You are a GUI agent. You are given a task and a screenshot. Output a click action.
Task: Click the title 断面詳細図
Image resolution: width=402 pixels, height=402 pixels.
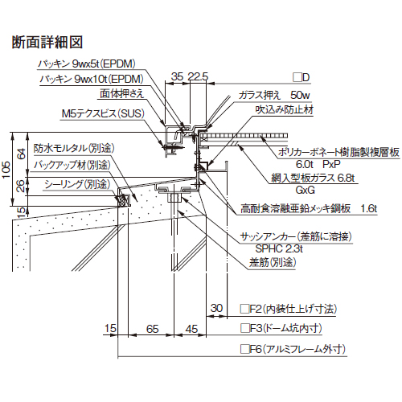point(47,43)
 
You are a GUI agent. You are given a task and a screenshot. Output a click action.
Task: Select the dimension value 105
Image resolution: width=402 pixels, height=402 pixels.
point(6,170)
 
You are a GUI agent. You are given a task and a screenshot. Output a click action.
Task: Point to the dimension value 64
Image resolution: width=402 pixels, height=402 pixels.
point(22,154)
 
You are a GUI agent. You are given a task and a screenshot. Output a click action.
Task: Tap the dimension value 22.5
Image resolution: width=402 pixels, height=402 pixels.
point(198,76)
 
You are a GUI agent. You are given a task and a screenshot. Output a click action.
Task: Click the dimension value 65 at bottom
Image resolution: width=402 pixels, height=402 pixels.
point(152,329)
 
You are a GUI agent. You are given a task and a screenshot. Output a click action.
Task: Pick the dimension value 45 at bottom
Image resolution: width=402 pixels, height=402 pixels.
point(191,329)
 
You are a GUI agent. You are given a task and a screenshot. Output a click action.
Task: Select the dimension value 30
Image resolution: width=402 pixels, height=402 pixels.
point(216,308)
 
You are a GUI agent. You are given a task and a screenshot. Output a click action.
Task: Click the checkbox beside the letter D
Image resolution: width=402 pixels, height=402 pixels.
point(297,77)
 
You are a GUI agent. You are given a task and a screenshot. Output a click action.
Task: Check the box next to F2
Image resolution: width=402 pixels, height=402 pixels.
point(244,309)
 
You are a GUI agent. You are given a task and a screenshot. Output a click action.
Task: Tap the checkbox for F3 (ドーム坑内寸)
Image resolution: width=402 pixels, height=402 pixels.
point(244,328)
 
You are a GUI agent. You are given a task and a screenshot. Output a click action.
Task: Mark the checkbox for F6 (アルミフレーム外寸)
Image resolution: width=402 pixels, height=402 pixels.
point(244,349)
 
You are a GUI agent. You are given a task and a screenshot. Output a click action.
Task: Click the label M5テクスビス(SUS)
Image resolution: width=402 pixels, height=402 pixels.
point(103,113)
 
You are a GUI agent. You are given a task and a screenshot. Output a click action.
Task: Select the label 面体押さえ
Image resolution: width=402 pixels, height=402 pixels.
point(122,93)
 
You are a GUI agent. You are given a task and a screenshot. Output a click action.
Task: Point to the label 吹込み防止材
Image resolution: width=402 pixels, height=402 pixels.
point(284,110)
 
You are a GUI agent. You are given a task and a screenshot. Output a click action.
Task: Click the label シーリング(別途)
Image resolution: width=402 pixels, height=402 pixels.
point(77,184)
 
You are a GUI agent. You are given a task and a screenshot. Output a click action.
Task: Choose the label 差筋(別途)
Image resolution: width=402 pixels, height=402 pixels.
point(273,262)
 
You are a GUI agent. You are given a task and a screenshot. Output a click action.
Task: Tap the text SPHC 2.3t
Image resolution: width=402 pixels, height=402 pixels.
point(279,249)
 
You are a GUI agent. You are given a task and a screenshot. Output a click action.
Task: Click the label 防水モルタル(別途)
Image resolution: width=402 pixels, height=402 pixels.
point(74,148)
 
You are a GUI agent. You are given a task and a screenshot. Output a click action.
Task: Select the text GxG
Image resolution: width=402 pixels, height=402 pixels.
point(305,191)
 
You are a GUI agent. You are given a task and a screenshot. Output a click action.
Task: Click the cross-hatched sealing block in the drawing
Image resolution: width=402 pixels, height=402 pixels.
point(123,200)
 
